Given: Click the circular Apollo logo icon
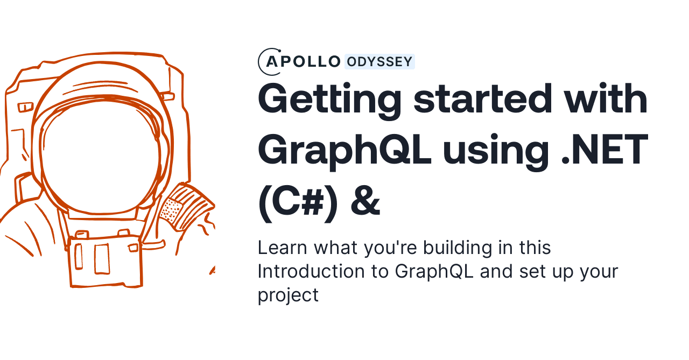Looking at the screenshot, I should (269, 62).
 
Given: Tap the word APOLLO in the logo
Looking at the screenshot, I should (304, 62).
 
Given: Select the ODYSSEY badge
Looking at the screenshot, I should (379, 62).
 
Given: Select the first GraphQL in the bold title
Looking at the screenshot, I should (344, 151).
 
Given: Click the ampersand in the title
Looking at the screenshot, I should (365, 202).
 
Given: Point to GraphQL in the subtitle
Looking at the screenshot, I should (434, 271).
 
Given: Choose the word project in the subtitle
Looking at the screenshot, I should (288, 295).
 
